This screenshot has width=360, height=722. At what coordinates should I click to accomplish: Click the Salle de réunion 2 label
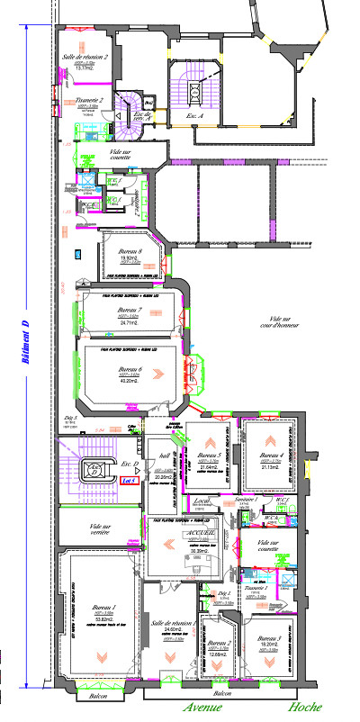(85, 57)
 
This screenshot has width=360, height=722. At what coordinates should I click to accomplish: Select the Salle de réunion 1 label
(174, 623)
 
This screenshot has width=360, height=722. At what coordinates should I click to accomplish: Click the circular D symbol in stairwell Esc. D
(92, 468)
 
